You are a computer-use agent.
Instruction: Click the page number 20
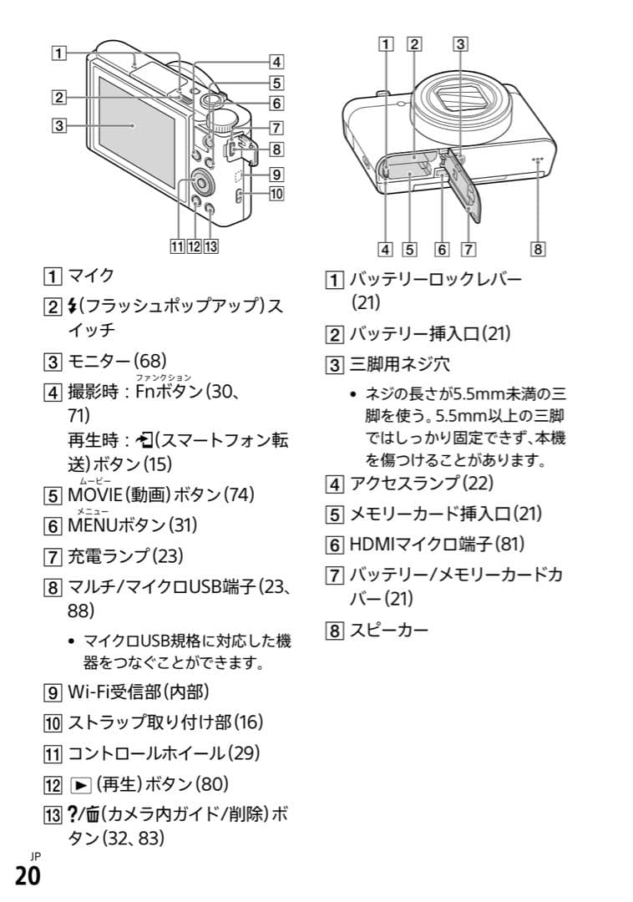click(x=26, y=878)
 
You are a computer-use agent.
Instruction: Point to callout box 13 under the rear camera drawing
click(x=211, y=246)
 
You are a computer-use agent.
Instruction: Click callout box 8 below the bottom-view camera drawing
click(x=539, y=248)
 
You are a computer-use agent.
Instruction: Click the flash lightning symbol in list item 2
click(x=72, y=307)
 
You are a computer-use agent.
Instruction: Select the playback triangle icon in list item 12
click(x=76, y=784)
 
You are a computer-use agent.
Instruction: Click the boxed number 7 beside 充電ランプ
click(x=54, y=556)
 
